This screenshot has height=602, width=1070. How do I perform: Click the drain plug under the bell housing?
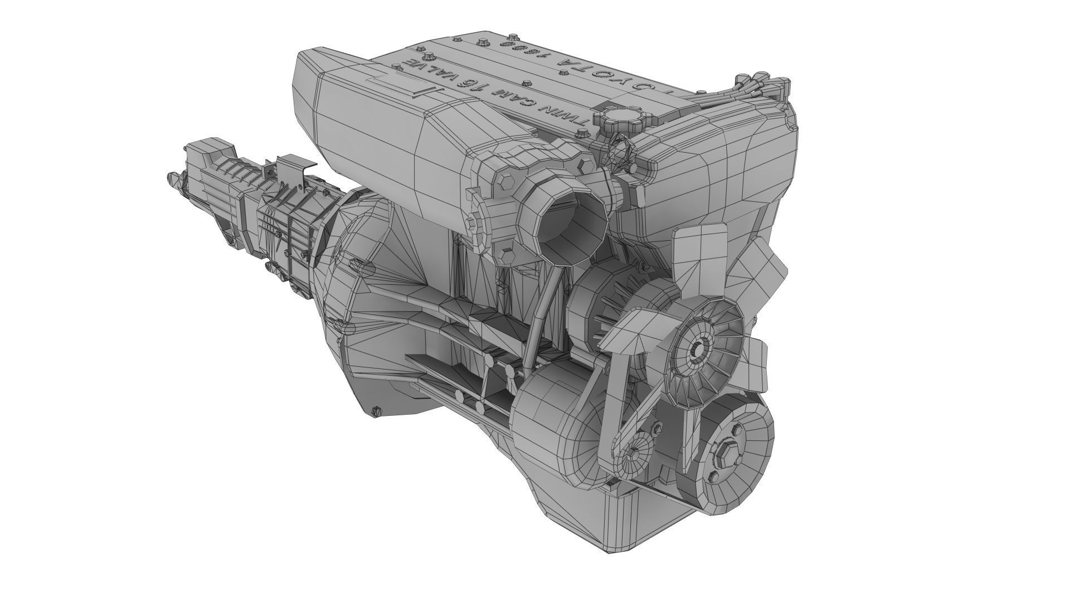point(377,411)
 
